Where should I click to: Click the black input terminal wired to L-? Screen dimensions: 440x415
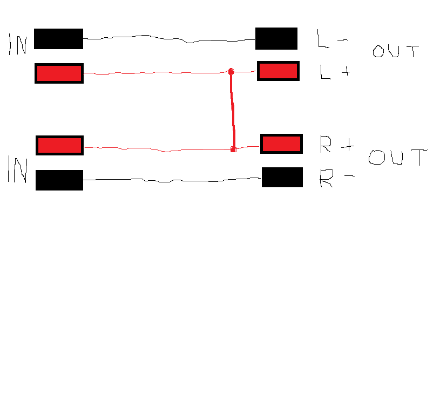point(58,39)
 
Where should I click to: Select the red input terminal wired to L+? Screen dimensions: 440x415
point(59,73)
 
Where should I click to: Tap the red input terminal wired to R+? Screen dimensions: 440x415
point(59,145)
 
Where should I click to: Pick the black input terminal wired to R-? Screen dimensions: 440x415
point(59,180)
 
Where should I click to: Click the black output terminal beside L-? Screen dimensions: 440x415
point(276,38)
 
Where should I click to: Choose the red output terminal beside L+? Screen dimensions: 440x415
point(278,71)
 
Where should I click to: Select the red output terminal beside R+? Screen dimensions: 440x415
point(281,144)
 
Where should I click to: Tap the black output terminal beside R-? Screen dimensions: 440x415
point(282,177)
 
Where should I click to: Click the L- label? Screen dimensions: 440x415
point(333,39)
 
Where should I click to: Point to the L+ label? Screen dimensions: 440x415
point(335,72)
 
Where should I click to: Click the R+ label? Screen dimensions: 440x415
point(337,144)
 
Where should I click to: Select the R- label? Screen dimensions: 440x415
point(337,179)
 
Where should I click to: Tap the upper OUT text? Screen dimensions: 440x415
point(396,51)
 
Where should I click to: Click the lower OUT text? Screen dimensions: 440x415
point(398,157)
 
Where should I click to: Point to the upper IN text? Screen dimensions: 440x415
point(18,44)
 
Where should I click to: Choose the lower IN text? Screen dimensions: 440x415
point(17,169)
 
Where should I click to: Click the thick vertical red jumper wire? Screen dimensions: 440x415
point(233,111)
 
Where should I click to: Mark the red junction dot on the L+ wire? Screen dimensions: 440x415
point(231,72)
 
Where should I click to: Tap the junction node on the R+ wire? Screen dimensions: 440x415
point(233,149)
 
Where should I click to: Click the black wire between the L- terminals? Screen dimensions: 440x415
point(169,39)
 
